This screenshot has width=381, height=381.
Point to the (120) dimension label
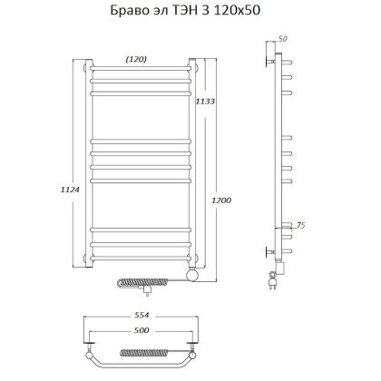[136, 59]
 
